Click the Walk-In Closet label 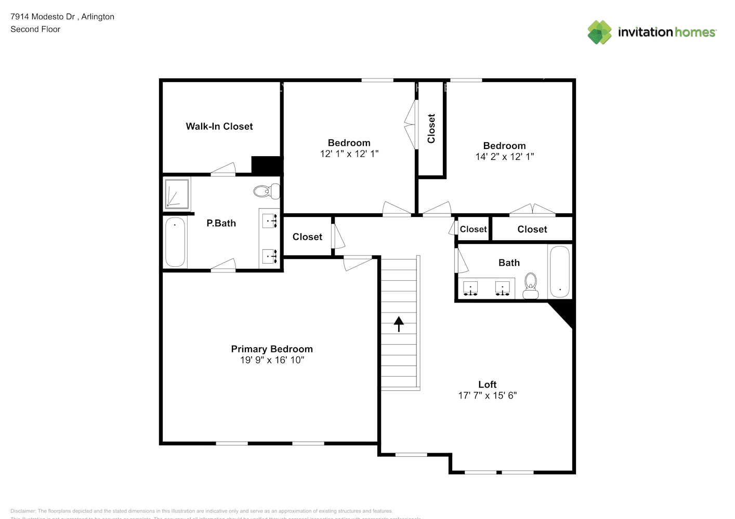[x=219, y=126]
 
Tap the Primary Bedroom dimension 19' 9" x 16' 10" [x=272, y=360]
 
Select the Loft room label [x=487, y=384]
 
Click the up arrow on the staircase [x=399, y=324]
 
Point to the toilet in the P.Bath [x=266, y=192]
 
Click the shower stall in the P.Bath [x=177, y=193]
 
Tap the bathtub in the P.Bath [x=175, y=242]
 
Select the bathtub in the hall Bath [x=559, y=271]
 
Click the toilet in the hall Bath [x=531, y=286]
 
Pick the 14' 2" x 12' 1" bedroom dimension [x=504, y=157]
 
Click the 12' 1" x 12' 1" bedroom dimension [x=349, y=154]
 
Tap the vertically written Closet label [x=431, y=129]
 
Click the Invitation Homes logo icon [x=599, y=32]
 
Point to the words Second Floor [x=35, y=29]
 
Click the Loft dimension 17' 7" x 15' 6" [x=487, y=395]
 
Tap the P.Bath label [x=221, y=223]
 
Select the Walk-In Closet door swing [x=224, y=169]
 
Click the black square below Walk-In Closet [x=267, y=165]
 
